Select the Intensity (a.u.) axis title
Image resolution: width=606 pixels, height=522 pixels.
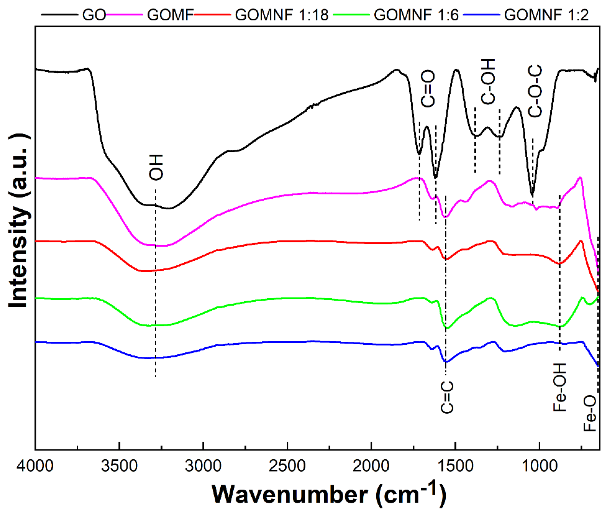[18, 221]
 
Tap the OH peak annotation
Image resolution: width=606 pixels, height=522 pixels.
[156, 167]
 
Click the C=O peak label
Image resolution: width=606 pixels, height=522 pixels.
[428, 89]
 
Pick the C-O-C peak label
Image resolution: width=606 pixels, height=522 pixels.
[535, 91]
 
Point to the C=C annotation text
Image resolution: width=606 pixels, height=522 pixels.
[447, 397]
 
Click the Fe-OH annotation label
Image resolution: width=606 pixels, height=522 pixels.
[560, 388]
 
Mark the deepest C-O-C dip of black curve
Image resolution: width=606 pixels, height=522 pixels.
[532, 195]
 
